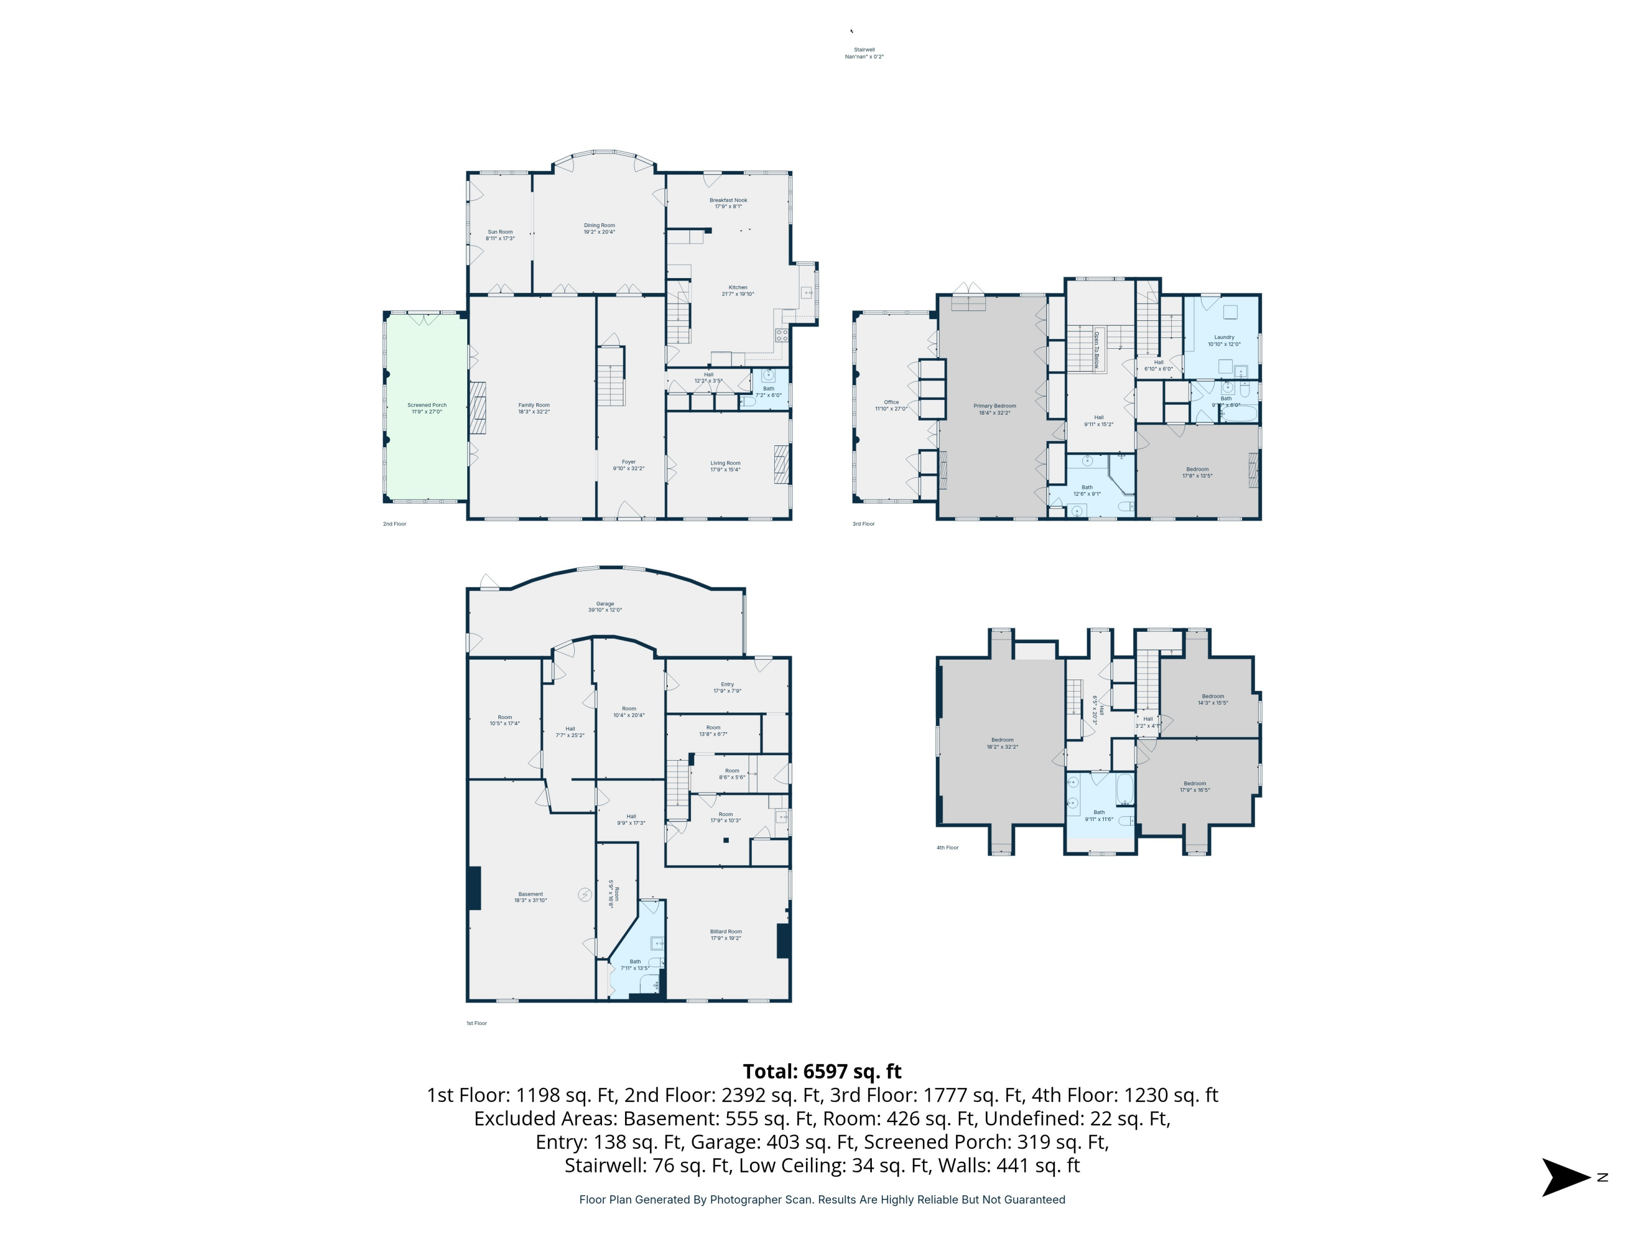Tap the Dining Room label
(x=599, y=228)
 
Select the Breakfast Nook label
(x=728, y=203)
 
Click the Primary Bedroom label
(x=994, y=409)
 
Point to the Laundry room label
(x=1224, y=341)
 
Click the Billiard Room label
(x=726, y=934)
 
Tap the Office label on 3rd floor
(x=891, y=405)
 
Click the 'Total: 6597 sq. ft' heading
(x=822, y=1071)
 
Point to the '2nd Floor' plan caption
(x=394, y=524)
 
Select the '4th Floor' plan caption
(x=948, y=847)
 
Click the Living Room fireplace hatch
(x=781, y=465)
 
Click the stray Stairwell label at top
(x=864, y=53)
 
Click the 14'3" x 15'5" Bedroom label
(x=1213, y=699)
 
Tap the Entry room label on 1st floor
(x=727, y=687)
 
